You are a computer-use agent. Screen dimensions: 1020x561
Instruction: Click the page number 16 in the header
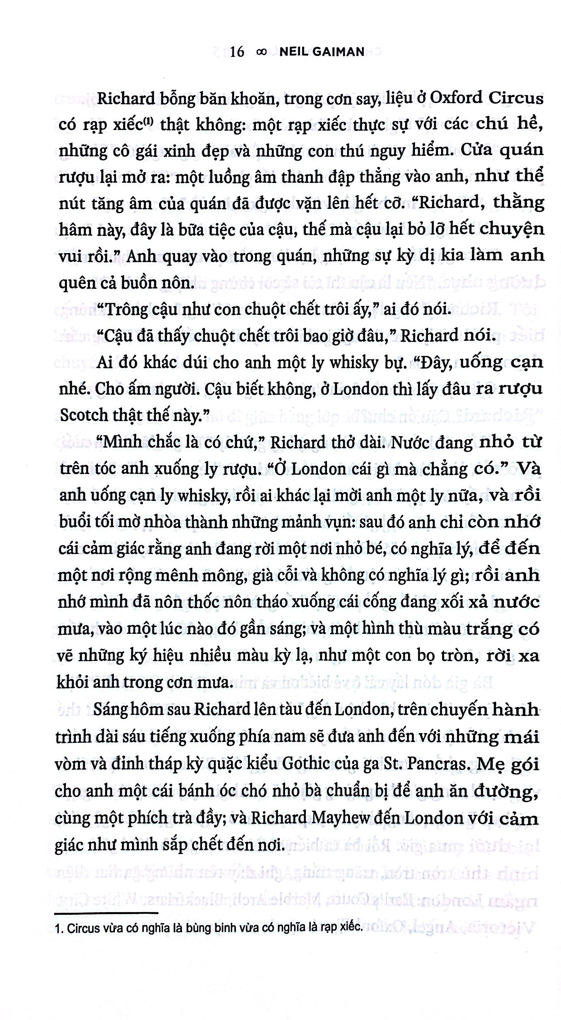237,52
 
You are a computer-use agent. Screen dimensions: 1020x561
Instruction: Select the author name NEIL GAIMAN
322,52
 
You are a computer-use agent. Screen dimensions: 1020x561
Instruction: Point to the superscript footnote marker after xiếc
148,121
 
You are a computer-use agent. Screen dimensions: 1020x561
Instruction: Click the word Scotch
83,415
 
